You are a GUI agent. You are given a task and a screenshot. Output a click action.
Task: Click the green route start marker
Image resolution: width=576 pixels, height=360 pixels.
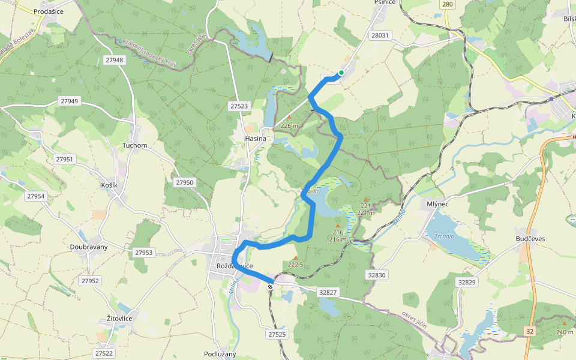click(341, 73)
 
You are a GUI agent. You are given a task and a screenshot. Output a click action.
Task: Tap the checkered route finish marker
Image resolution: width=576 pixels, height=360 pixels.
click(271, 287)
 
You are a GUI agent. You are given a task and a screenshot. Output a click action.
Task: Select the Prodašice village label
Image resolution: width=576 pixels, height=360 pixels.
click(49, 11)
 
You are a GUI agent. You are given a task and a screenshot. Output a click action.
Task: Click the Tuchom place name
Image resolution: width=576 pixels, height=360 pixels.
click(134, 145)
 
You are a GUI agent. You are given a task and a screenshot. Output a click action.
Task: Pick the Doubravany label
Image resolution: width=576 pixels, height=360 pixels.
click(89, 247)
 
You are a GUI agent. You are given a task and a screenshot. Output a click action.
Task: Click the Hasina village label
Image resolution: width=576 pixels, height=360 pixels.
click(256, 139)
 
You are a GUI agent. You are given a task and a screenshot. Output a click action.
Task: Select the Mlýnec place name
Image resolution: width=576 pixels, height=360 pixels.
click(437, 204)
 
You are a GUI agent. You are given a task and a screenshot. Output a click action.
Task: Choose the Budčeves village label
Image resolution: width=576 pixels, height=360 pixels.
click(530, 239)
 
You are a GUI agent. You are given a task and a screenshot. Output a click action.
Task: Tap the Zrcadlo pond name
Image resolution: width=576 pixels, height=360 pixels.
click(444, 236)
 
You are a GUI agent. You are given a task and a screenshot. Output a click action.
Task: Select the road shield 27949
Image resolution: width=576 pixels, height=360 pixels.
click(69, 101)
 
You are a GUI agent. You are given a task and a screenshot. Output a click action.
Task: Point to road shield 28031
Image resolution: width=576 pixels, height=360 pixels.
click(380, 35)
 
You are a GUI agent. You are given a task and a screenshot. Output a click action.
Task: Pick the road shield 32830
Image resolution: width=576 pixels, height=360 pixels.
click(377, 274)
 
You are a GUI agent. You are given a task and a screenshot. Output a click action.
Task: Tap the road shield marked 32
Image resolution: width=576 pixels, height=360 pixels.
click(529, 331)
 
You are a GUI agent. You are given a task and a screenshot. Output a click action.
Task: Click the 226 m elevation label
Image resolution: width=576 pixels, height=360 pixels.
click(289, 125)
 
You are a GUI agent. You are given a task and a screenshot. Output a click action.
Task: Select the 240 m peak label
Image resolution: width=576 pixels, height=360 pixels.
click(565, 332)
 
